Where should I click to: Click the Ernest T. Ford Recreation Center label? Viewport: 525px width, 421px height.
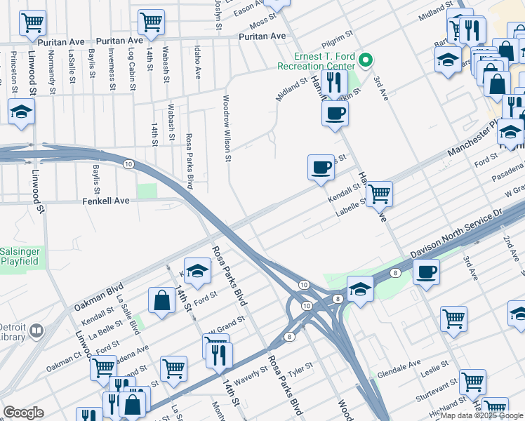coord(317,62)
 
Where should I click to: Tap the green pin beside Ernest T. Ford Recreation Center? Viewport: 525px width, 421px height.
coord(365,61)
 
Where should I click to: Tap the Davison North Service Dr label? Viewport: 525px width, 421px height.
coord(456,231)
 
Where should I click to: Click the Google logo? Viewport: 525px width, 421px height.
coord(23,413)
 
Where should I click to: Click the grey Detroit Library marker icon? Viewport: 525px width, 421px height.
coord(36,330)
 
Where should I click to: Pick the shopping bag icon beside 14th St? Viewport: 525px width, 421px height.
coord(161,300)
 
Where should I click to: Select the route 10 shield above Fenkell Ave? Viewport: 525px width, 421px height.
coord(128,164)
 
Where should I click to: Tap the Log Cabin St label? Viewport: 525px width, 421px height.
coord(131,65)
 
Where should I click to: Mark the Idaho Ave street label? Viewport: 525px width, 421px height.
coord(197,63)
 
